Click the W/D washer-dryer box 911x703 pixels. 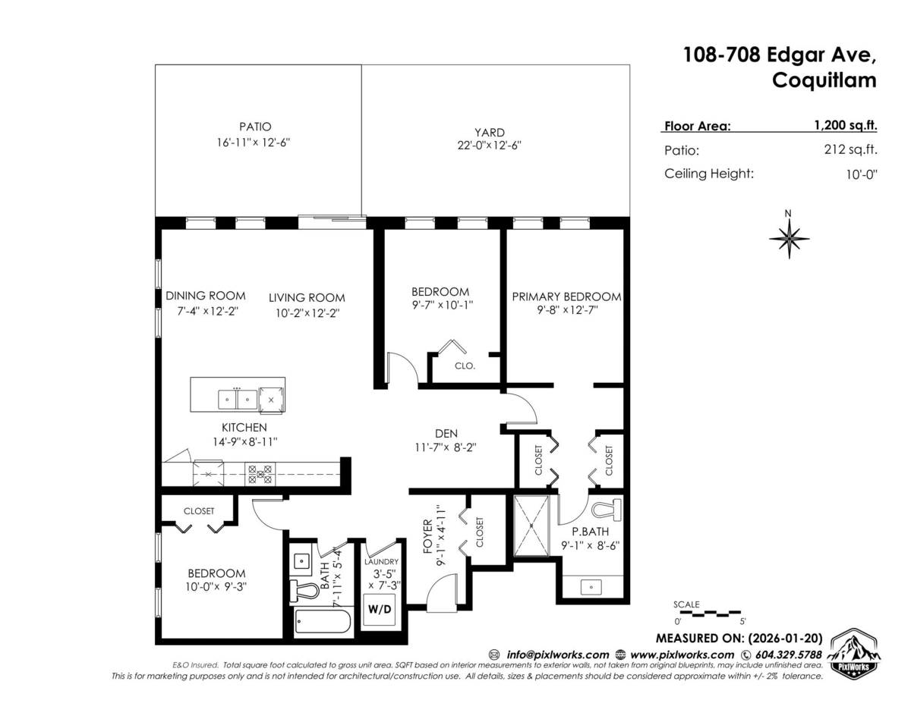[379, 609]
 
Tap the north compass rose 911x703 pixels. [790, 237]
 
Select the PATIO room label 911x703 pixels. [254, 127]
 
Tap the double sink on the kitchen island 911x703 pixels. [238, 398]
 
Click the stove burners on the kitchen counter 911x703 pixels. [260, 475]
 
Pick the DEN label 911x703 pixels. [446, 433]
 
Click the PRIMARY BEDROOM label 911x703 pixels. [566, 297]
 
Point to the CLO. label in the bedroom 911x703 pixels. [465, 366]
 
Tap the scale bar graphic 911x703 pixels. [706, 611]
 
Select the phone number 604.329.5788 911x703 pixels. [787, 654]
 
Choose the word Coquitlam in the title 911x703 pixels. [824, 80]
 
